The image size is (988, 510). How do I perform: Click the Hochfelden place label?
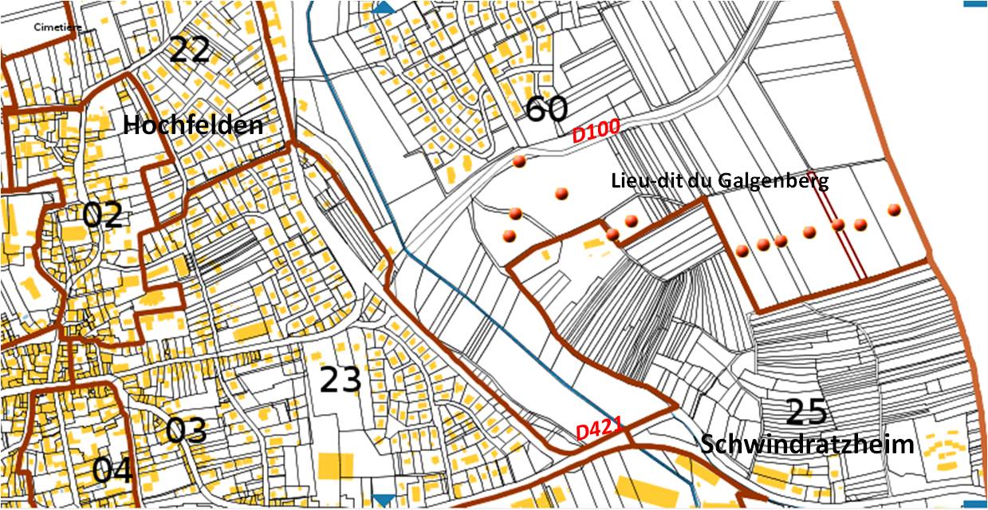[x=193, y=125]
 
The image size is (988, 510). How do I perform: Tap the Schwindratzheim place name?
[x=807, y=445]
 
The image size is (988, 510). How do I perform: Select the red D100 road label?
[x=596, y=133]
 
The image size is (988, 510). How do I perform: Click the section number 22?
[x=190, y=51]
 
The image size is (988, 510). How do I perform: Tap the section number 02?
[x=103, y=215]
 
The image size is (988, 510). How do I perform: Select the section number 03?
[x=187, y=430]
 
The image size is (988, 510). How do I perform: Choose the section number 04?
[x=112, y=470]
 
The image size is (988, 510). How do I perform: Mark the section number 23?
[x=341, y=380]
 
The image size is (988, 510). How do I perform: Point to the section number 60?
[x=546, y=109]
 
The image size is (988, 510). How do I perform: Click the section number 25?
[x=807, y=412]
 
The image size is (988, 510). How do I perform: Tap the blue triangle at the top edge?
[x=384, y=7]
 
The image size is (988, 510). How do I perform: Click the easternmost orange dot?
[x=894, y=210]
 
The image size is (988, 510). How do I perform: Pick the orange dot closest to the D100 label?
[x=519, y=162]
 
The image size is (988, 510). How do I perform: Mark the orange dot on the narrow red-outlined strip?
[x=838, y=225]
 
